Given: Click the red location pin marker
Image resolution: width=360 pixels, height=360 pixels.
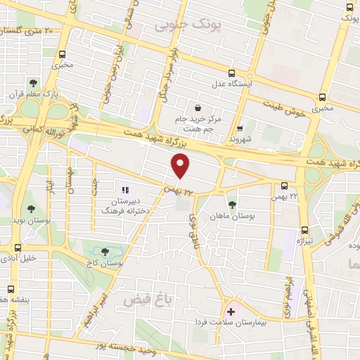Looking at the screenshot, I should point(181,167).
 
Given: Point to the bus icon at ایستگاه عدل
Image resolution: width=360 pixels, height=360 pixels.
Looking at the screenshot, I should point(231,72).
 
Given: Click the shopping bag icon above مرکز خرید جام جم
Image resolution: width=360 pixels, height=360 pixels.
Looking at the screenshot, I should point(198,108).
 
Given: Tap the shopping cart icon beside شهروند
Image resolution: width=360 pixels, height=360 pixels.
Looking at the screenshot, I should point(240,128).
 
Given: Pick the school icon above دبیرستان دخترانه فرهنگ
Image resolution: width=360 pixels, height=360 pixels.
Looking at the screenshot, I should point(126,190).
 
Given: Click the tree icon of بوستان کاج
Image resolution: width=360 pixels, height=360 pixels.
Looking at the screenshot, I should point(105,251).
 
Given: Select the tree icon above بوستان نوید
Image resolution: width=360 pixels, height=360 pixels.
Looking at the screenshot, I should point(30,208).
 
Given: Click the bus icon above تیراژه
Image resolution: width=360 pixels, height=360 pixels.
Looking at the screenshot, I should point(304,230).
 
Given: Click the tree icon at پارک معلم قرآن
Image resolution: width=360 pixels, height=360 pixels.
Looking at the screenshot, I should point(33,83).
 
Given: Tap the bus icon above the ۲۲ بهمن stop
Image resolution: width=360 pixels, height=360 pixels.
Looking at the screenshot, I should point(284,186).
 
